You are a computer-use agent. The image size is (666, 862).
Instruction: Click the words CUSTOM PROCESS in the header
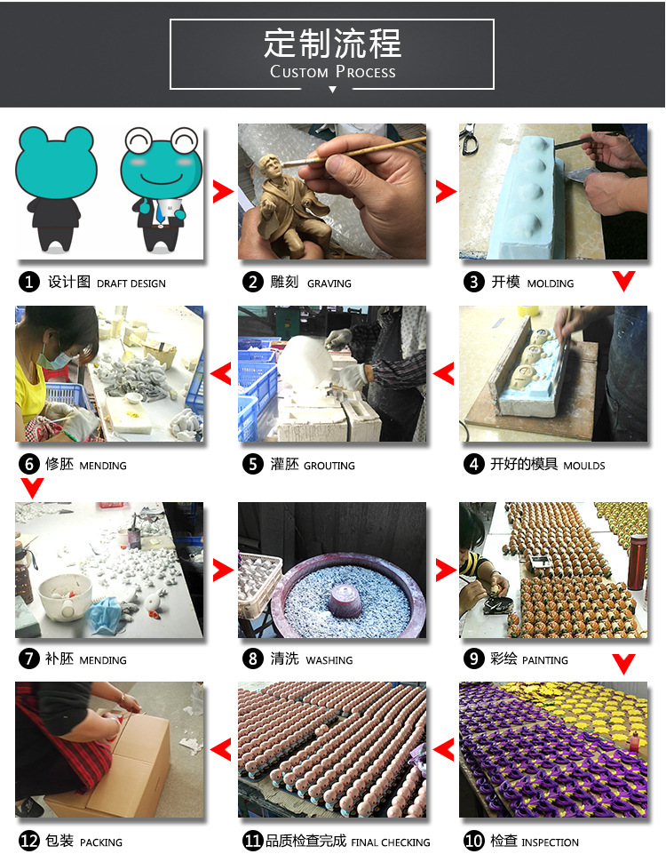tap(332, 72)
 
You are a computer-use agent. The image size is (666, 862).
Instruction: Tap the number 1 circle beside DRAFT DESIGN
tap(29, 282)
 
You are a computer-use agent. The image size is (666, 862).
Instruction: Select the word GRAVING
tap(329, 283)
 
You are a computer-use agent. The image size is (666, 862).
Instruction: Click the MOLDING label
tap(550, 283)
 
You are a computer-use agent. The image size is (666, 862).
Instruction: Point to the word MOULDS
tap(584, 466)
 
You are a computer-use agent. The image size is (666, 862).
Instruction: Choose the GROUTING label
tap(329, 466)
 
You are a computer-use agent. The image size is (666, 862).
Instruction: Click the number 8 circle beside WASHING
tap(253, 658)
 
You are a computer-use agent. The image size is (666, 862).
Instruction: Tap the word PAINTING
tap(544, 660)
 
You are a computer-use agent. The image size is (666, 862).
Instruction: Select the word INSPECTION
tap(550, 842)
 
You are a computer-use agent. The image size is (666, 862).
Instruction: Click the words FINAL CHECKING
tap(390, 842)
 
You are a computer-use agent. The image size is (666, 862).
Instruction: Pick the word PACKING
tap(101, 842)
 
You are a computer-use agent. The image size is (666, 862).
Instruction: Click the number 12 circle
tap(29, 841)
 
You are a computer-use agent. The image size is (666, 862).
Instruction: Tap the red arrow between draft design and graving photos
tap(223, 191)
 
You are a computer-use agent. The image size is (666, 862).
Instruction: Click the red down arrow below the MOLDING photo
tap(623, 281)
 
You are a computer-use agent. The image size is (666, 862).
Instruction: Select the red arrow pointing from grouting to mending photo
tap(221, 374)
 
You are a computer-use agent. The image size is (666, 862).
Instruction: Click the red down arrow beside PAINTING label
tap(623, 664)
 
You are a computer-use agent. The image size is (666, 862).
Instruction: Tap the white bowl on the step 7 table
tap(65, 596)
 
